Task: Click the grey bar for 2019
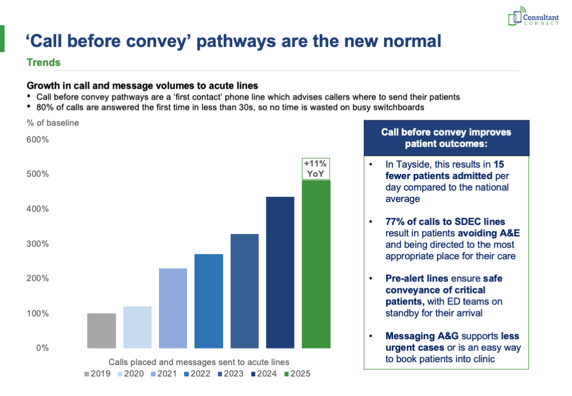tap(101, 331)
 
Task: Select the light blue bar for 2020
tap(137, 327)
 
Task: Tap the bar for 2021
tap(173, 308)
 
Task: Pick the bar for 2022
tap(209, 301)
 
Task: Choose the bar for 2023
tap(244, 291)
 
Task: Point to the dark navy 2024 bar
tap(280, 272)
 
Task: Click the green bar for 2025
tap(316, 264)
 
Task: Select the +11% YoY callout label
tap(316, 169)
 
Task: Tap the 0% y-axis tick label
tap(42, 348)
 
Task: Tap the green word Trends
tap(43, 62)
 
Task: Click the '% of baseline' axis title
tap(53, 122)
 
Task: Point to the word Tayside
tap(403, 165)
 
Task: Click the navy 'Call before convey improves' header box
tap(446, 138)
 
